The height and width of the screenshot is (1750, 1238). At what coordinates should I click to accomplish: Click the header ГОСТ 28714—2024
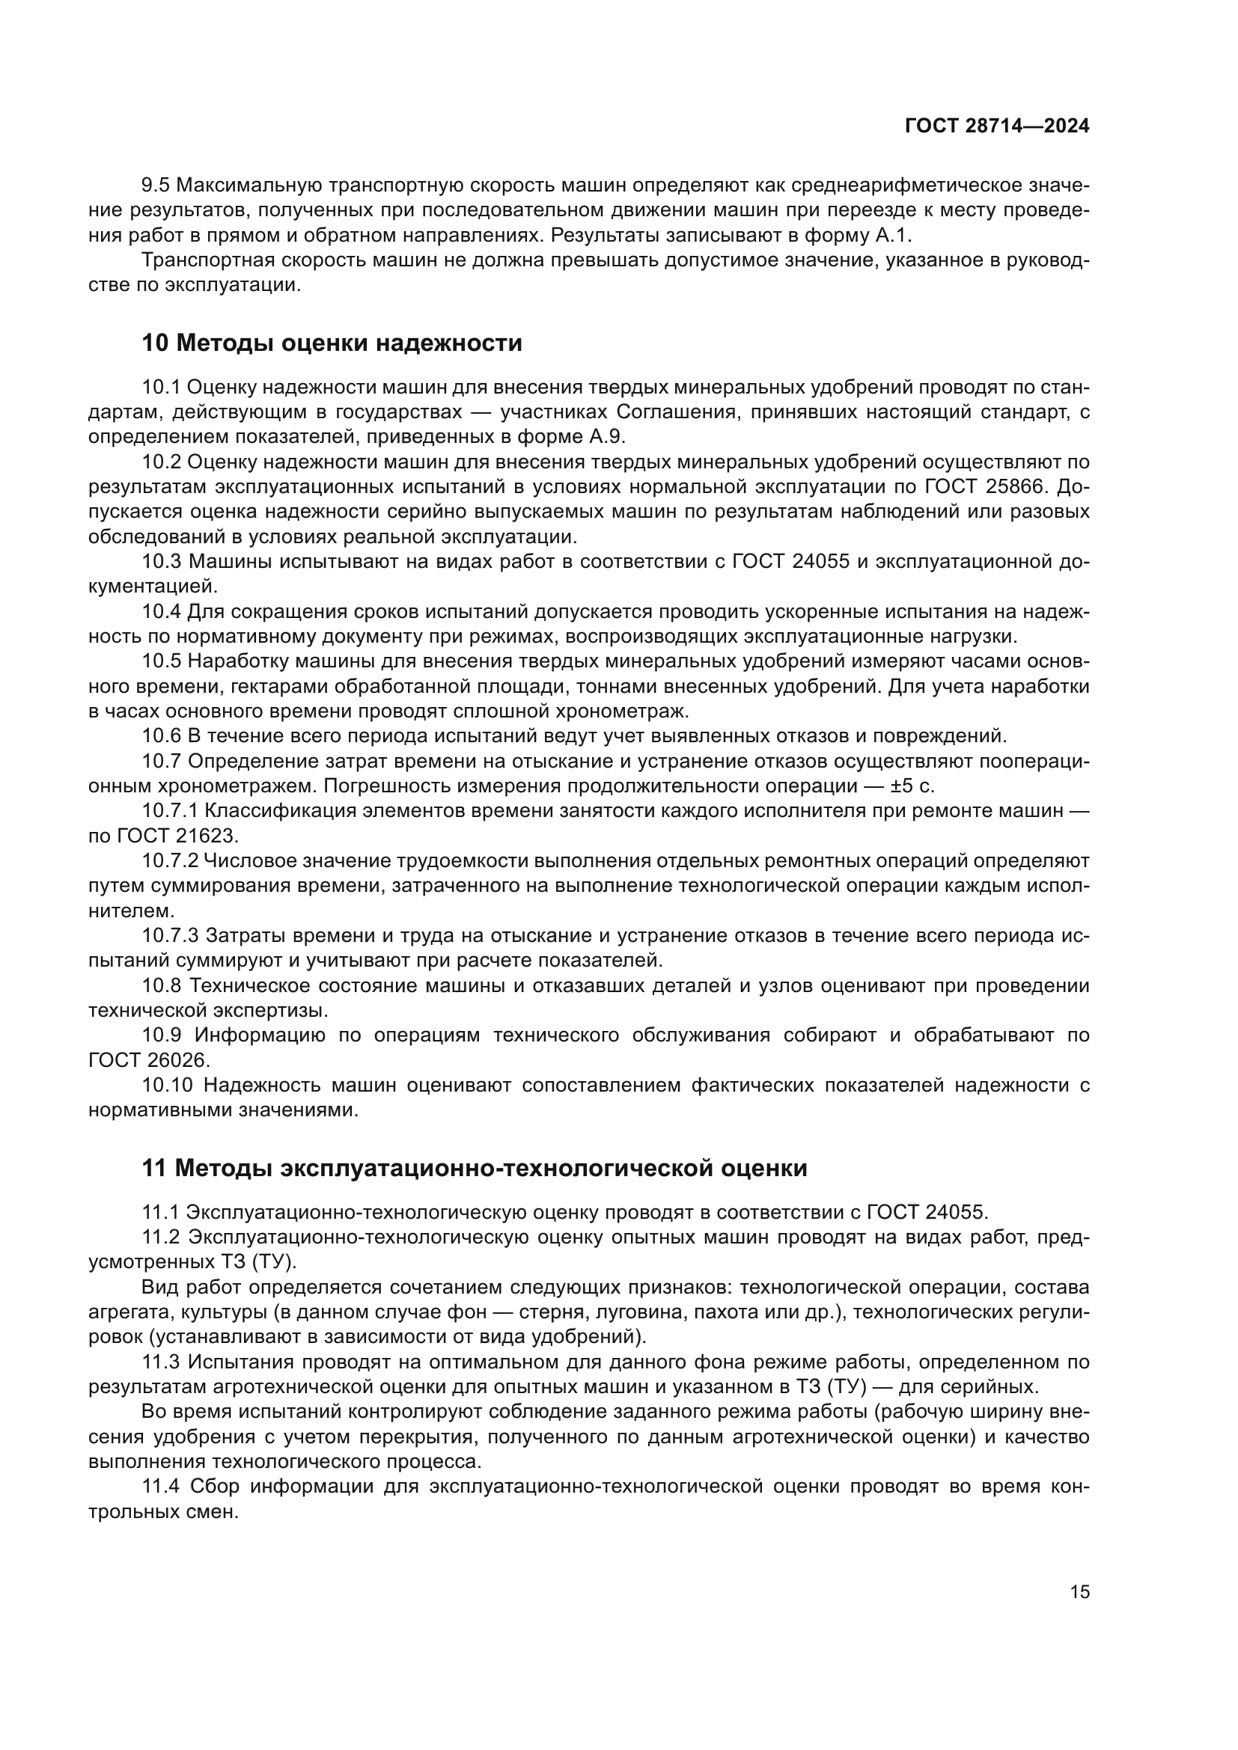coord(996,126)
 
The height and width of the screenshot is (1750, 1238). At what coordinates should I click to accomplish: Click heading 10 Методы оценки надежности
coord(332,343)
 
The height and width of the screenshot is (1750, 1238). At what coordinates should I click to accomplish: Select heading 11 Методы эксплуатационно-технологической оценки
coord(474,1168)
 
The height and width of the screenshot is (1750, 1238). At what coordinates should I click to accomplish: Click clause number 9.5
coord(156,186)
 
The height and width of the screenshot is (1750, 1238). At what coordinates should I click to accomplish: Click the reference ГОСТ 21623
coord(177,836)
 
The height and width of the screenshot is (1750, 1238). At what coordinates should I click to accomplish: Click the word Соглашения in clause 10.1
coord(676,412)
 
